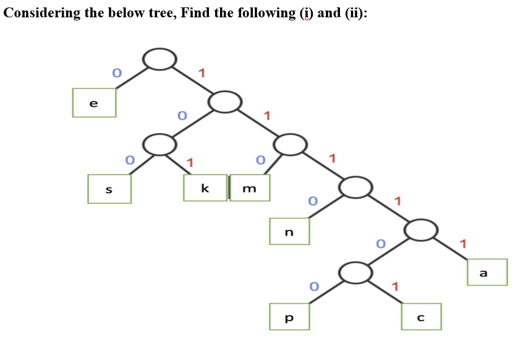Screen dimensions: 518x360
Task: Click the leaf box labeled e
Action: [94, 103]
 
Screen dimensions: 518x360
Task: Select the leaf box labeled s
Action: [109, 189]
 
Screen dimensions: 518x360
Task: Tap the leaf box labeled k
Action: [205, 187]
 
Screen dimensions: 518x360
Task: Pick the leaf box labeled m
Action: [250, 187]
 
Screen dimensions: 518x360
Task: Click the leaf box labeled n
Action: [289, 231]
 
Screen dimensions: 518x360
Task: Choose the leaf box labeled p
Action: [289, 316]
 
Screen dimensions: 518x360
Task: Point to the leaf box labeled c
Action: [421, 317]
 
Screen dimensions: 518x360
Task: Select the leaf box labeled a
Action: [483, 272]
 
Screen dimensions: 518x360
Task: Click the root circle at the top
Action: [160, 59]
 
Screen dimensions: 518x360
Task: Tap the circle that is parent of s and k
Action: [160, 145]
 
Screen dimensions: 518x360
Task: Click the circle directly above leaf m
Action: [290, 145]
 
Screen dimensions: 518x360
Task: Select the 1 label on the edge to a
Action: [463, 242]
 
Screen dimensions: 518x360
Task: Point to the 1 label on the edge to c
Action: [396, 285]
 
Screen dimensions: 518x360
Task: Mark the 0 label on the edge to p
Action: [314, 286]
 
